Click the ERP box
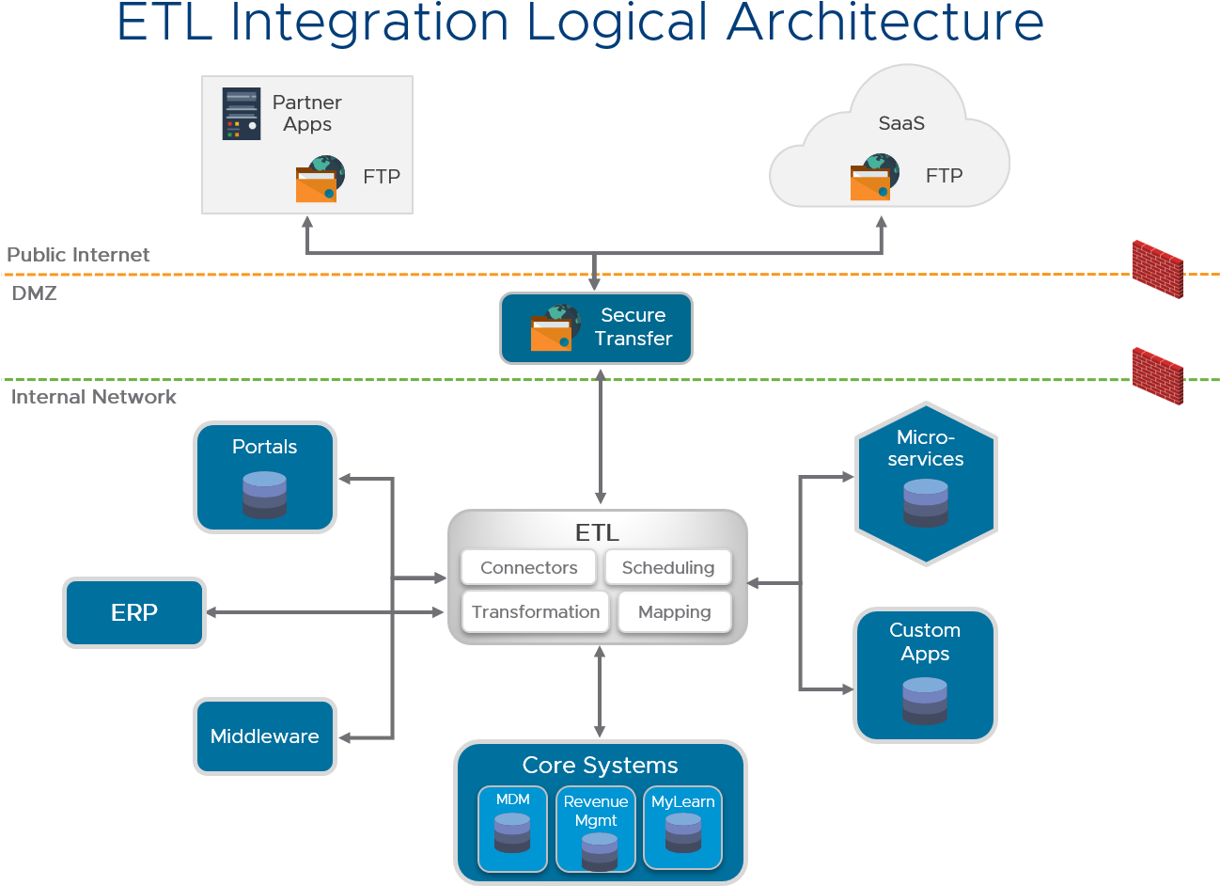[x=134, y=612]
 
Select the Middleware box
[x=265, y=736]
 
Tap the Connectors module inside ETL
[x=528, y=567]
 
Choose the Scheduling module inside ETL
[x=667, y=567]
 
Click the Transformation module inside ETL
[x=535, y=611]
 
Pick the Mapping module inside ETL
[x=674, y=611]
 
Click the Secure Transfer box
[x=596, y=327]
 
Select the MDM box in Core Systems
[x=512, y=829]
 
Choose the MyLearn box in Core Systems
[x=682, y=829]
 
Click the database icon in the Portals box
[x=264, y=495]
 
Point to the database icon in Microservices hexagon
[x=925, y=502]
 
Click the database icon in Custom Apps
[x=924, y=701]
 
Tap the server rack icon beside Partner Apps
[x=242, y=114]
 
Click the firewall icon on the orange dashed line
[x=1157, y=269]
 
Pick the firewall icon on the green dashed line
[x=1157, y=375]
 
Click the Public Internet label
[x=78, y=255]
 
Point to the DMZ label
[x=35, y=293]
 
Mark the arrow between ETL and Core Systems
[x=600, y=692]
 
